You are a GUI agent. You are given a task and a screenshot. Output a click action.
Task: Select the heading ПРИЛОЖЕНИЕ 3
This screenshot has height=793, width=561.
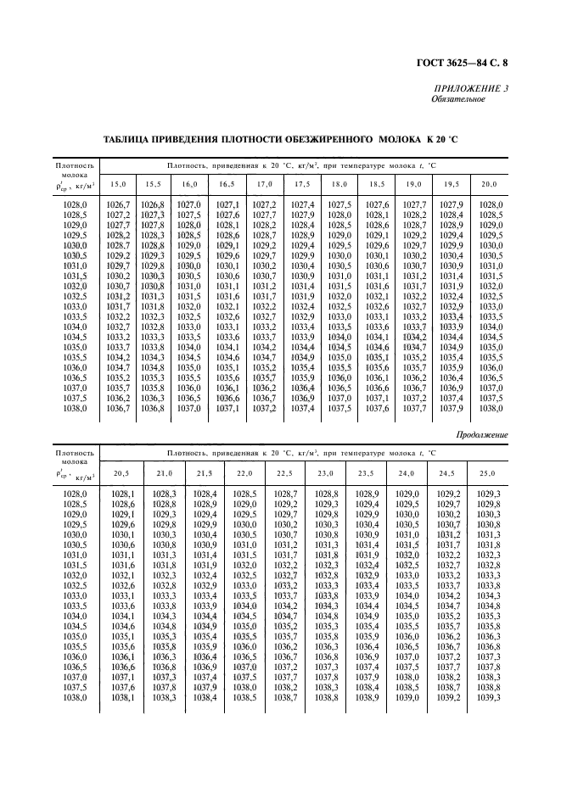(471, 88)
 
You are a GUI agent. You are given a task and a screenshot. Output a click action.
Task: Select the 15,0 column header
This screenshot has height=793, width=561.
(119, 184)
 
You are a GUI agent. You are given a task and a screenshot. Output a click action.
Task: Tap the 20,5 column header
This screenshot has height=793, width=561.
(123, 472)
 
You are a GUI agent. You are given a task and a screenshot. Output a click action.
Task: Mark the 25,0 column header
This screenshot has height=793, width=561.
(486, 472)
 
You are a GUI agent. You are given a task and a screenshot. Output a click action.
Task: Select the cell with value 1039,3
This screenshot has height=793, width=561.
(488, 697)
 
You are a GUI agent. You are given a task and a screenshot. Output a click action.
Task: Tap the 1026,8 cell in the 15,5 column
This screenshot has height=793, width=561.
(153, 205)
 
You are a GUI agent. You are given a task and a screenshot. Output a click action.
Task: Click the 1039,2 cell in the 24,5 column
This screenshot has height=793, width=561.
(447, 697)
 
